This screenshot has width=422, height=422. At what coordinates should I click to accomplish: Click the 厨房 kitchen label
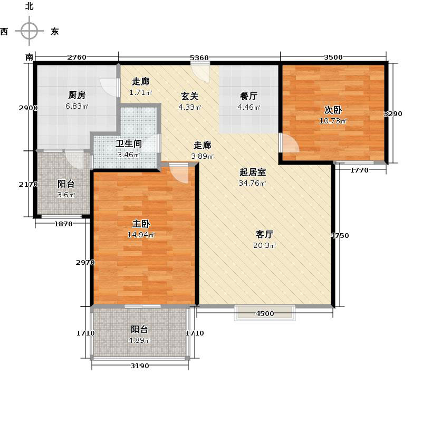(x=77, y=95)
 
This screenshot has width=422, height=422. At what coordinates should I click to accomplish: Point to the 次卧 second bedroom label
(x=333, y=110)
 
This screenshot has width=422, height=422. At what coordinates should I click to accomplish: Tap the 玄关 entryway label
(x=190, y=96)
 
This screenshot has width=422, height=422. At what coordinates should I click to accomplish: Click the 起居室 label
(x=253, y=172)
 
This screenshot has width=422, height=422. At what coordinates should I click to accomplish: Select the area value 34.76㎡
(x=253, y=184)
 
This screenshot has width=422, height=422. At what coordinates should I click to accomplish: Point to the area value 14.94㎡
(x=140, y=235)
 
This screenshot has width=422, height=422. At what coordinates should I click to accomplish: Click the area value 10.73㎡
(x=333, y=121)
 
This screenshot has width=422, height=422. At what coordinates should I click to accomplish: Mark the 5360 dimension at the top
(x=199, y=57)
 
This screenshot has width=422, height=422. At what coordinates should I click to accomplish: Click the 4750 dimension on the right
(x=340, y=235)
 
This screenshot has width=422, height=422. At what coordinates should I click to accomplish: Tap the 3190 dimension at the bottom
(x=140, y=366)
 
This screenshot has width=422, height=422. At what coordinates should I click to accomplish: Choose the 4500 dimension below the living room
(x=265, y=314)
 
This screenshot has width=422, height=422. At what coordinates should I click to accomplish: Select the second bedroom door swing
(x=289, y=143)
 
